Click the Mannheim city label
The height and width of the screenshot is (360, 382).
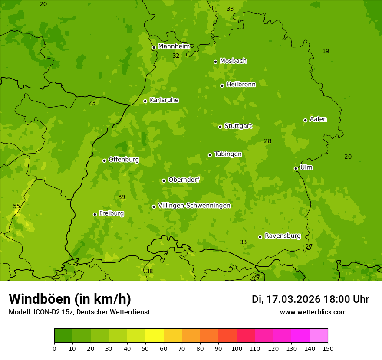click(174, 46)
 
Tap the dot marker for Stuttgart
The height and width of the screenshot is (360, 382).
click(220, 127)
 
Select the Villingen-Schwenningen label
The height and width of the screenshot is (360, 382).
click(194, 206)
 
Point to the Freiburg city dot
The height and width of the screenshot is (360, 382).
click(95, 214)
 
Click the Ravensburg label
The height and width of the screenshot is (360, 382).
click(283, 236)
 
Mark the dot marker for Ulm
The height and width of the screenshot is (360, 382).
click(296, 168)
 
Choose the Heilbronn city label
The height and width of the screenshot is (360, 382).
click(241, 85)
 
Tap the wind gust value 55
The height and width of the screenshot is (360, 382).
click(16, 206)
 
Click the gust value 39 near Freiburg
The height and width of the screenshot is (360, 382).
click(122, 197)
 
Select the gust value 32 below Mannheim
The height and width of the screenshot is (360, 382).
click(176, 56)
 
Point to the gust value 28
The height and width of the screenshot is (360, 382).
click(267, 141)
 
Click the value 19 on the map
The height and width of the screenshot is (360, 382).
click(326, 51)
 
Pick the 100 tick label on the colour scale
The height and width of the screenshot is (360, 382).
click(237, 348)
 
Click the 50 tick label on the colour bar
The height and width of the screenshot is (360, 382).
click(145, 348)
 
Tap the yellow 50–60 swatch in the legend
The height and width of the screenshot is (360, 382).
click(155, 336)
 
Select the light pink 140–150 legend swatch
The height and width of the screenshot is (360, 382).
click(319, 336)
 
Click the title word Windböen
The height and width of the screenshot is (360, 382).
click(40, 299)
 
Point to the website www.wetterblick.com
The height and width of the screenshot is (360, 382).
click(313, 312)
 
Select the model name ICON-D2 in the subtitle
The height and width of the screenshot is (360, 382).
click(46, 312)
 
